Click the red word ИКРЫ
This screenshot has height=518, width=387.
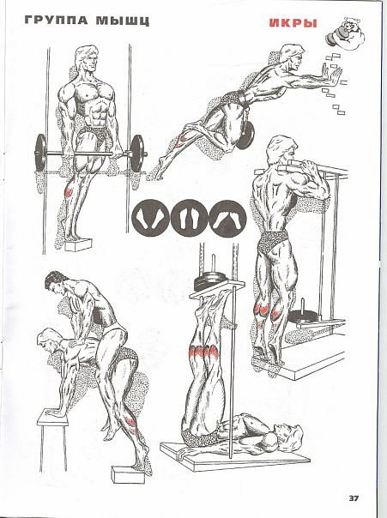[x=293, y=23]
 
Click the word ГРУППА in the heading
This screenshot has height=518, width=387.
[x=56, y=20]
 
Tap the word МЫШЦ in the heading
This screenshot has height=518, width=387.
[x=123, y=21]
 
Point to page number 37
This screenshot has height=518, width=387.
[x=354, y=498]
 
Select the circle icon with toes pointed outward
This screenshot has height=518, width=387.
[x=150, y=218]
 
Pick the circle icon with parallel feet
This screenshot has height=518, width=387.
[x=189, y=218]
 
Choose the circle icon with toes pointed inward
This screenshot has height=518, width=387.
[x=227, y=218]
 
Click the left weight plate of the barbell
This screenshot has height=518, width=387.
[x=40, y=153]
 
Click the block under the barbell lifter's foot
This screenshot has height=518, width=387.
[x=78, y=244]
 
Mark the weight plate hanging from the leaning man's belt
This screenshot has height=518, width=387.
[x=245, y=136]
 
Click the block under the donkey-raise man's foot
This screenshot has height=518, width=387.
[x=128, y=474]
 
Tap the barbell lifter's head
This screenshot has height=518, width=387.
[x=87, y=60]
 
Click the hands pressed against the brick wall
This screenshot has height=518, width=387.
[x=332, y=75]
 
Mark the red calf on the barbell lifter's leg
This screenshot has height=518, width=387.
[x=69, y=191]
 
